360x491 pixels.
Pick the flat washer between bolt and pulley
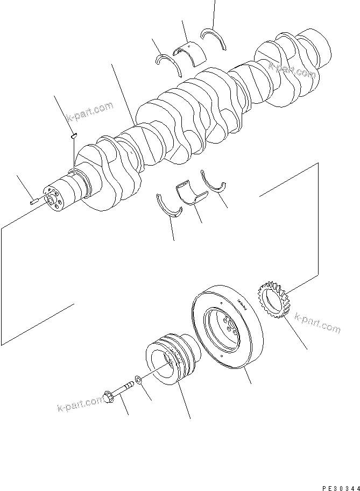(x=139, y=381)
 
